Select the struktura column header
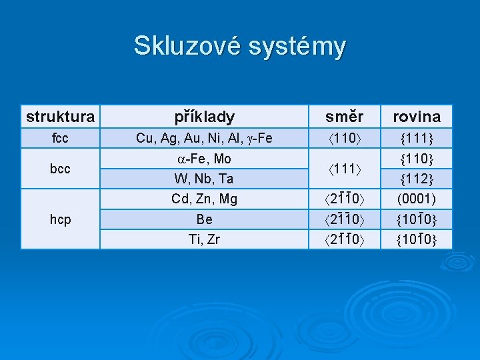pyautogui.click(x=60, y=117)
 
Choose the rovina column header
pyautogui.click(x=417, y=117)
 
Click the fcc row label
pyautogui.click(x=60, y=139)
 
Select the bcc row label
pyautogui.click(x=60, y=169)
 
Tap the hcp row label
pyautogui.click(x=60, y=219)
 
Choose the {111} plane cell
pyautogui.click(x=417, y=139)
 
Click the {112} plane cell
pyautogui.click(x=417, y=179)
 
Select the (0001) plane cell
pyautogui.click(x=417, y=199)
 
